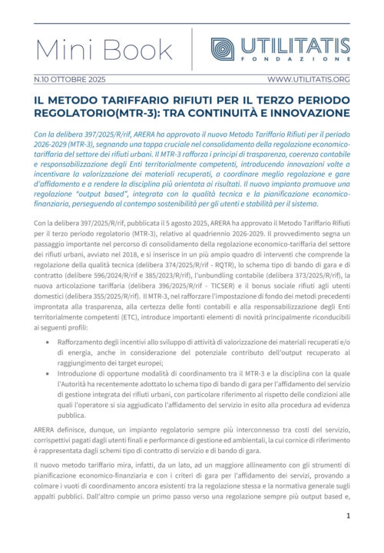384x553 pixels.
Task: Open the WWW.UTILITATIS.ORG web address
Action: tap(309, 78)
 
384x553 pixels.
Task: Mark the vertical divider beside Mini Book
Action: tap(191, 48)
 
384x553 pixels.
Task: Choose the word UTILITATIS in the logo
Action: tap(294, 45)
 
